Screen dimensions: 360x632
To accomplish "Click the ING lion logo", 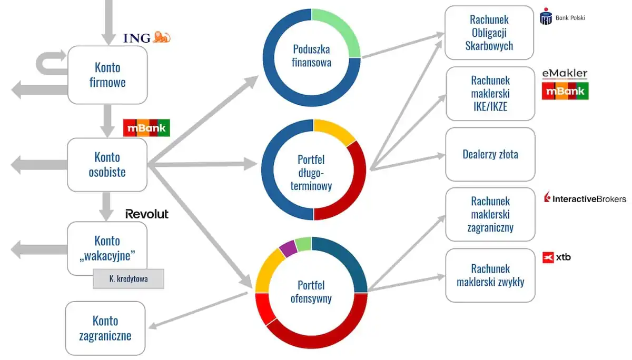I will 162,37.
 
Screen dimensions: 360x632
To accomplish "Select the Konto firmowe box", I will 107,75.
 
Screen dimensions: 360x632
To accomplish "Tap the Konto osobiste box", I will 107,165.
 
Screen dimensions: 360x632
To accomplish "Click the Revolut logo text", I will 147,214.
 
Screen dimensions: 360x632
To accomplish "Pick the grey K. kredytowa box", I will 129,279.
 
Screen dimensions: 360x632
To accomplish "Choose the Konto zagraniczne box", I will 105,328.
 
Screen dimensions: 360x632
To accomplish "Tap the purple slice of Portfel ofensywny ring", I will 288,247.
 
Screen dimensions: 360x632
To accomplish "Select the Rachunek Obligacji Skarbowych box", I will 489,33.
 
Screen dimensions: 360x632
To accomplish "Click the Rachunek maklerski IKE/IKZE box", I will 490,94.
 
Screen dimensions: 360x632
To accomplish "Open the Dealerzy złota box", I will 490,155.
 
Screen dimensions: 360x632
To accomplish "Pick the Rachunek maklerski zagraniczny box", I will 490,214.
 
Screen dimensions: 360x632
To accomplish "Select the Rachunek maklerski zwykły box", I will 490,275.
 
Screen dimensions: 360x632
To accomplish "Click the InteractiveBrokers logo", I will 585,198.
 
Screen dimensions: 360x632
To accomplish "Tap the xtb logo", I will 556,257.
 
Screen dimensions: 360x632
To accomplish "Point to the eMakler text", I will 565,74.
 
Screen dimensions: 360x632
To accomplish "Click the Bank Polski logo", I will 562,17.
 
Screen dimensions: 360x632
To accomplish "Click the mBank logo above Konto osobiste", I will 146,128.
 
